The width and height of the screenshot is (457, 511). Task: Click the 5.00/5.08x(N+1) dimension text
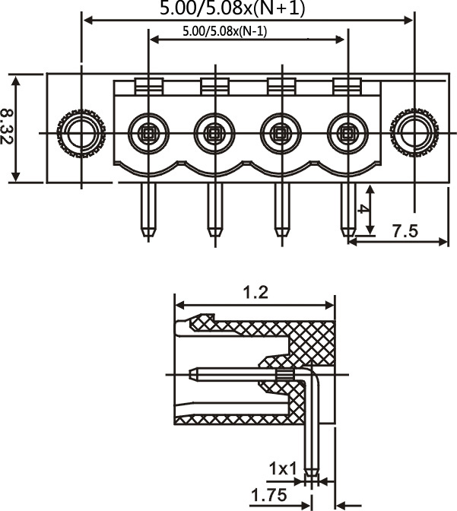(233, 8)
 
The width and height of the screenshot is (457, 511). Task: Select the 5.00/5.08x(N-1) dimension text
(225, 31)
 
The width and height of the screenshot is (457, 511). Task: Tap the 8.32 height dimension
(6, 126)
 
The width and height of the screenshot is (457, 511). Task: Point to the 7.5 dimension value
(405, 231)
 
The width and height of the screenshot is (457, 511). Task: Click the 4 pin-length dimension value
(363, 208)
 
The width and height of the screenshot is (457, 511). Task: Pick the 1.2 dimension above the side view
(256, 292)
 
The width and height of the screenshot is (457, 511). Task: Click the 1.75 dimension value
(269, 495)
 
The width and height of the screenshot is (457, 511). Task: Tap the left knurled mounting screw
(81, 133)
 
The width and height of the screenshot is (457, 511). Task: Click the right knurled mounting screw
(414, 133)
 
